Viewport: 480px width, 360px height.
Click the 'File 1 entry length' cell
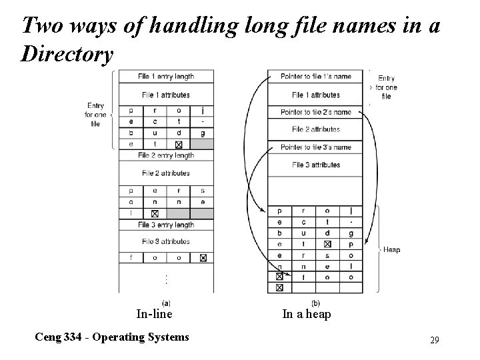click(x=166, y=76)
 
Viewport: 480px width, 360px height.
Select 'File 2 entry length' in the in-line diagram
click(x=166, y=155)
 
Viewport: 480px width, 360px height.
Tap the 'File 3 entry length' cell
click(x=166, y=225)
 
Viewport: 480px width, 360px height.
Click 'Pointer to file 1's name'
click(x=315, y=76)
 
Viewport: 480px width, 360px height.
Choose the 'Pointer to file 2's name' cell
click(x=315, y=111)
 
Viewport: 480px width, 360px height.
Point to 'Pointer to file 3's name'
click(x=315, y=147)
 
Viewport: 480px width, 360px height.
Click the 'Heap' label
click(x=391, y=250)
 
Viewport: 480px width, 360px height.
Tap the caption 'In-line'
click(x=154, y=314)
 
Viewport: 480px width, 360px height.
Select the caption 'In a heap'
click(x=307, y=314)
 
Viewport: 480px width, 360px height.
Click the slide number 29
click(x=435, y=341)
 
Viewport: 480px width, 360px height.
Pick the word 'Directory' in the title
click(x=67, y=54)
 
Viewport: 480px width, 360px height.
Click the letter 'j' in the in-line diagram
click(x=202, y=111)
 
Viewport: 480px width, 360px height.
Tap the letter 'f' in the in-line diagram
click(x=131, y=257)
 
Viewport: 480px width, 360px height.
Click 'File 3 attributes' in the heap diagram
click(x=315, y=165)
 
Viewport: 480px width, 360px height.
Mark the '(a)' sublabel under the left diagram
click(x=165, y=302)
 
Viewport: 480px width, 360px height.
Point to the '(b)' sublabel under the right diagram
click(x=315, y=302)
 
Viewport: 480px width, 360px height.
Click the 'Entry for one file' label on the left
click(x=96, y=115)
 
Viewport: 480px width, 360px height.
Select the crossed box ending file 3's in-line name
click(x=202, y=257)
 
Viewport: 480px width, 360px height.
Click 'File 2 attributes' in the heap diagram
click(x=315, y=129)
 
